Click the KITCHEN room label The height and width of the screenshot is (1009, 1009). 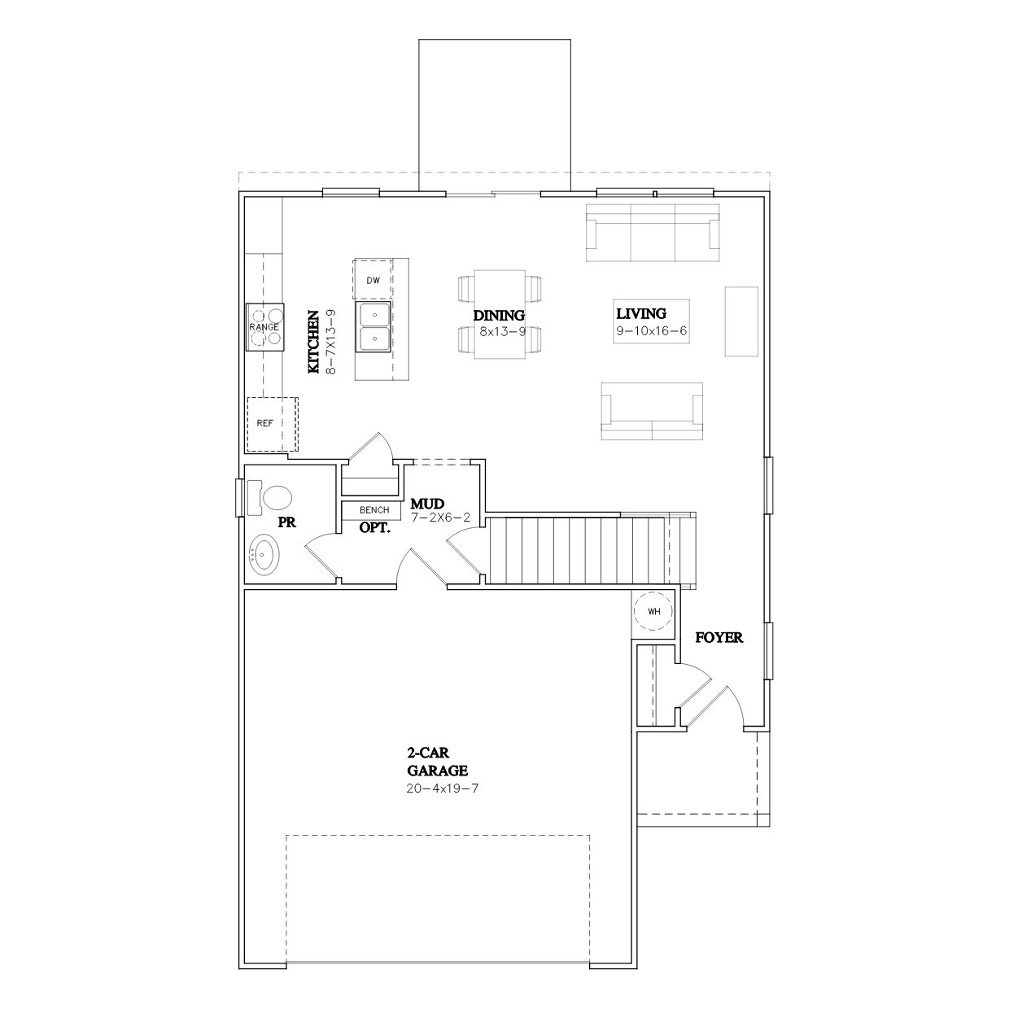313,342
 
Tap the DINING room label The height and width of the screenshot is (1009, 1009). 499,316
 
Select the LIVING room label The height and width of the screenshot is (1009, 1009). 641,313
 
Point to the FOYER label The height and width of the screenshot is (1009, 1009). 719,638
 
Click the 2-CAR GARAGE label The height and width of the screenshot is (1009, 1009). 437,762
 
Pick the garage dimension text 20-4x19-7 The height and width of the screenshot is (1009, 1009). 443,788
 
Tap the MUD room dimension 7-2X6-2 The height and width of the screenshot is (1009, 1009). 441,518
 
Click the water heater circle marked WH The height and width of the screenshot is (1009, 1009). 653,611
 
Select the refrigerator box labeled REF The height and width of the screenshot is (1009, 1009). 273,424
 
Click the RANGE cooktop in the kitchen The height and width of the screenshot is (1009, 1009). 265,327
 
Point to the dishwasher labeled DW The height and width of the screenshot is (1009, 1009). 373,280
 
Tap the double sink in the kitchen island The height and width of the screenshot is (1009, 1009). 373,327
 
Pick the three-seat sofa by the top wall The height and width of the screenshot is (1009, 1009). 652,233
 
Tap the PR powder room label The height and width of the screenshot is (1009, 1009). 287,522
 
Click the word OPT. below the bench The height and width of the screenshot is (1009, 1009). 375,528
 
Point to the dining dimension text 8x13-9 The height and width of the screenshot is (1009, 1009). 502,331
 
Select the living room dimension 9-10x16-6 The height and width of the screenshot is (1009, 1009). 651,331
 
